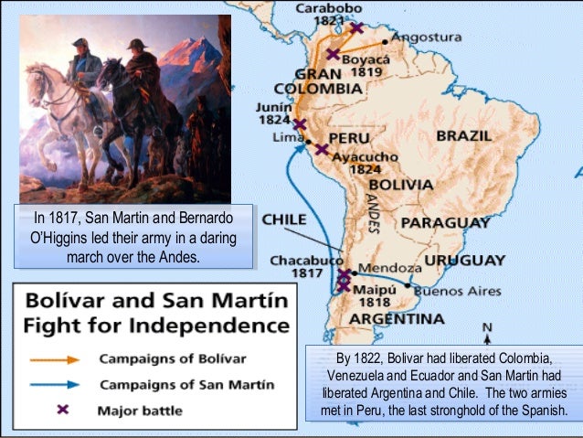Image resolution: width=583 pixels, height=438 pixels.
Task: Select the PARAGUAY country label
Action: tap(446, 222)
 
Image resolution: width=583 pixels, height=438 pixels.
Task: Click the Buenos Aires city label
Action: tap(458, 291)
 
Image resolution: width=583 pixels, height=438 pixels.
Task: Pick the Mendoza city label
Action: tap(391, 269)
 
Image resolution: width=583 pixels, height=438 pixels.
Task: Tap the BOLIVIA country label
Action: tap(399, 185)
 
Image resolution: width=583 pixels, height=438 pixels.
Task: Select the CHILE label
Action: tap(284, 220)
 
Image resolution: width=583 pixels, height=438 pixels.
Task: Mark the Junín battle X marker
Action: tap(300, 124)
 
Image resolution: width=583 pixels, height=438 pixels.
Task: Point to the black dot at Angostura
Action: tap(385, 41)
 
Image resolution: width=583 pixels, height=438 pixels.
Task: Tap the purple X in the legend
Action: tap(61, 410)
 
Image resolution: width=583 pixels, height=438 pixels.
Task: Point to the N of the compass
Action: tap(487, 328)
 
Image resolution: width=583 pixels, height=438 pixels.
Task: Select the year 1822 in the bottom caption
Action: tap(373, 357)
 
